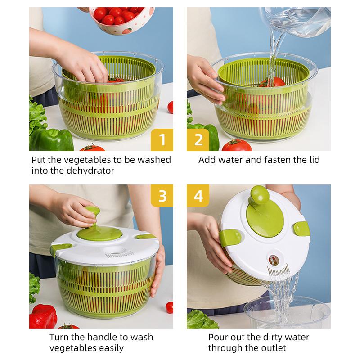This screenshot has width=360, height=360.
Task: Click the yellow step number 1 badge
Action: coord(162,139)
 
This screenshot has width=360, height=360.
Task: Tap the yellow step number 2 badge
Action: coord(198,139)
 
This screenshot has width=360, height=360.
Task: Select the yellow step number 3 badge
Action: coord(162,196)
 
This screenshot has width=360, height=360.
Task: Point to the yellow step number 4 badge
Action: coord(198,196)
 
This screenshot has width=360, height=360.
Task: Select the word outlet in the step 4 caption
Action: coord(272,348)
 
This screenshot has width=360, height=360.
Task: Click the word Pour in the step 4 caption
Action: coord(218,337)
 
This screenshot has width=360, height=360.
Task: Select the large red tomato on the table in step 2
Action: coord(237,145)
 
